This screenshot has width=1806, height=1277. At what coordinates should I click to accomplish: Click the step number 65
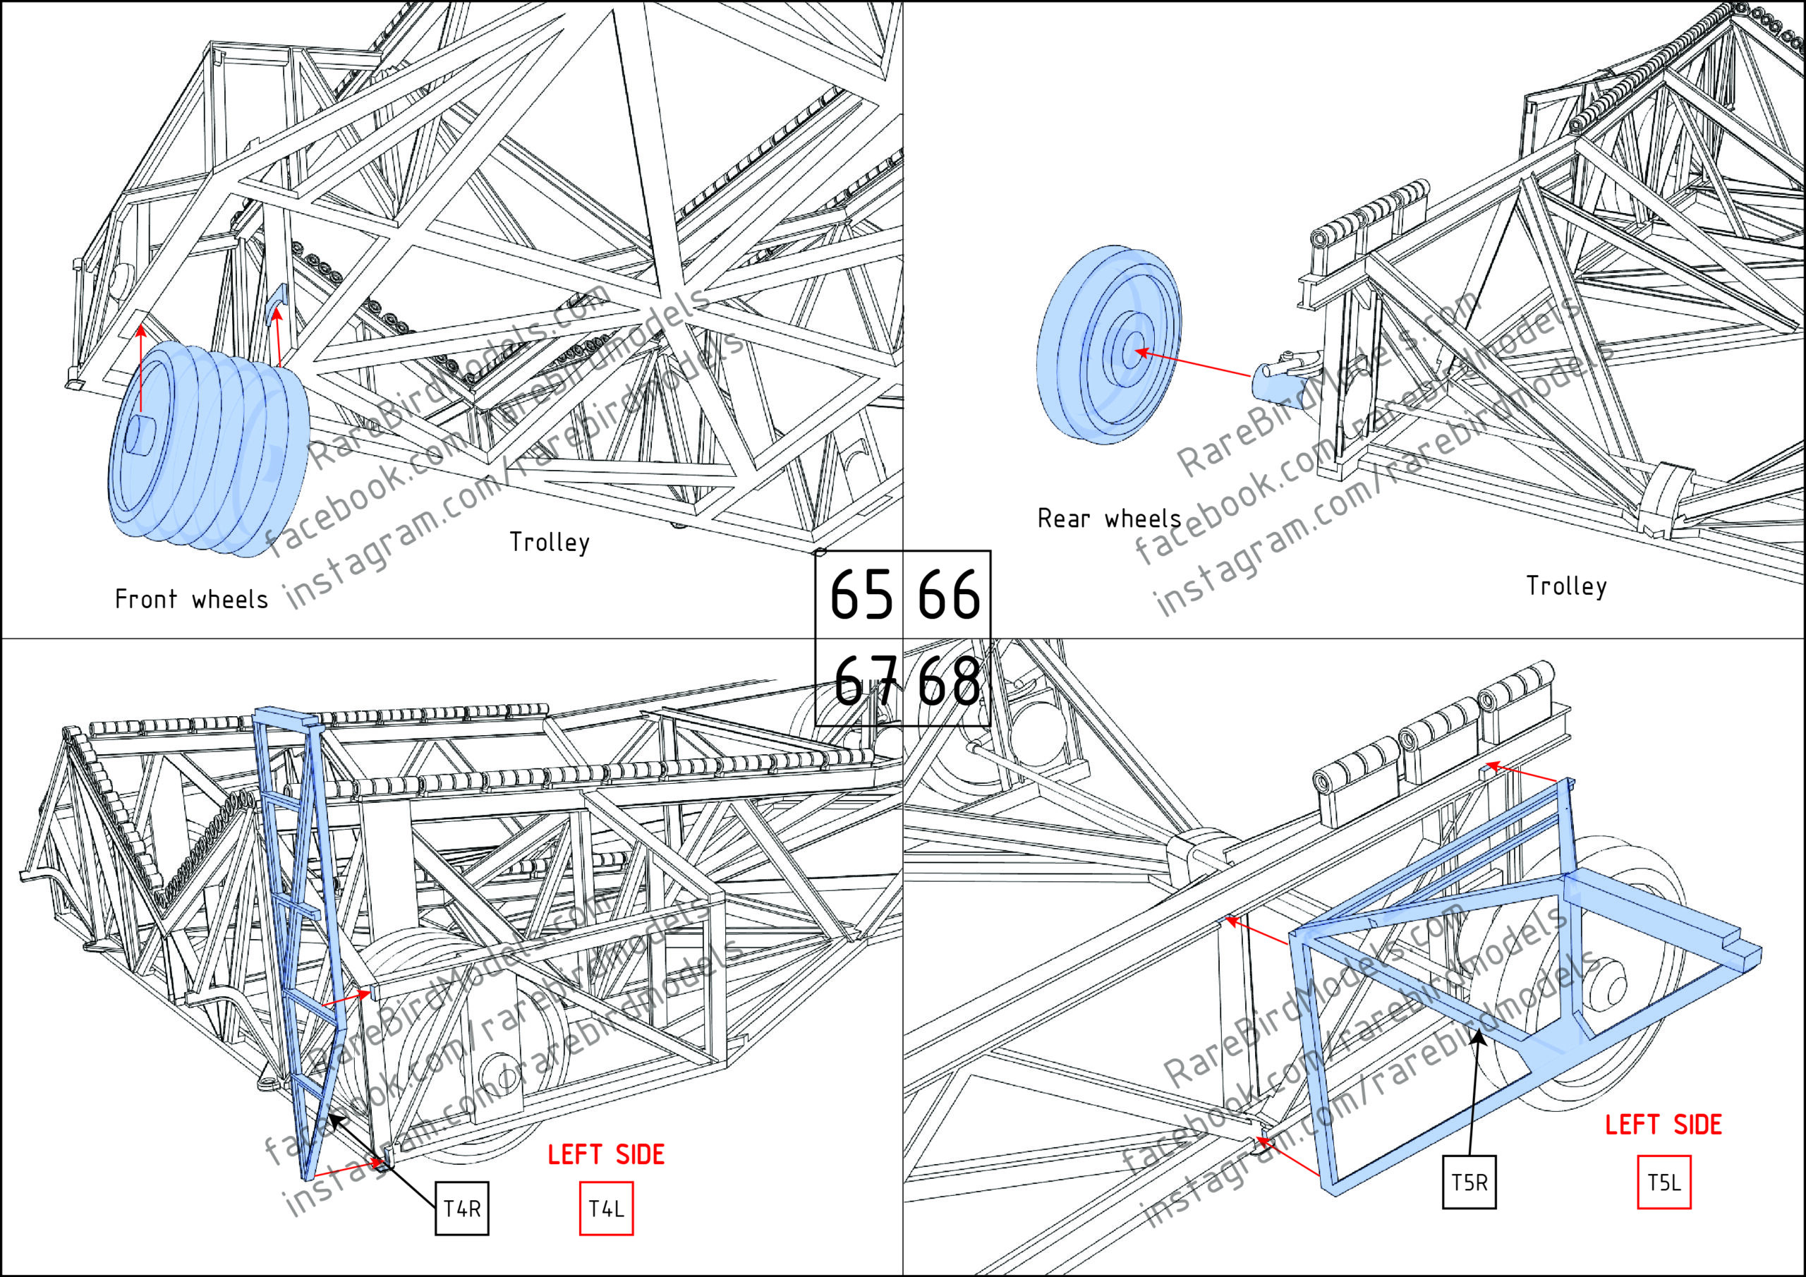click(x=861, y=595)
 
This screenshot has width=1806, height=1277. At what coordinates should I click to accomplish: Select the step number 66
click(x=949, y=595)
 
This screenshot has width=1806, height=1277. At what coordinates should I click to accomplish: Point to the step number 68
click(x=949, y=682)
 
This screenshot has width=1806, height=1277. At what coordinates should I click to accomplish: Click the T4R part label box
click(x=461, y=1208)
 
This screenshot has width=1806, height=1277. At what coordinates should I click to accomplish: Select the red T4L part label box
click(x=606, y=1208)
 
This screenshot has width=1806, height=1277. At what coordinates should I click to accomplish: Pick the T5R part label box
click(x=1469, y=1182)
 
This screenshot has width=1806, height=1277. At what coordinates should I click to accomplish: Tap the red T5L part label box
click(x=1663, y=1182)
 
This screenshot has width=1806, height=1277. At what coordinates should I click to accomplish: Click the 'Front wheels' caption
click(x=191, y=600)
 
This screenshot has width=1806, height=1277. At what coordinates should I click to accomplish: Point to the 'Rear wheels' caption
click(x=1109, y=519)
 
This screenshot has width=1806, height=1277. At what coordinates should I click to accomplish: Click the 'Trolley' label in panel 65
click(x=549, y=542)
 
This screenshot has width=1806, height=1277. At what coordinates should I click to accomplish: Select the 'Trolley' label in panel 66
click(x=1566, y=586)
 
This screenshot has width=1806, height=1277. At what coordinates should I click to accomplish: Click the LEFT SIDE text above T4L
click(x=606, y=1155)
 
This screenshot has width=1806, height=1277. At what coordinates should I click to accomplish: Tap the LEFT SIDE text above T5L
click(x=1663, y=1125)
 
